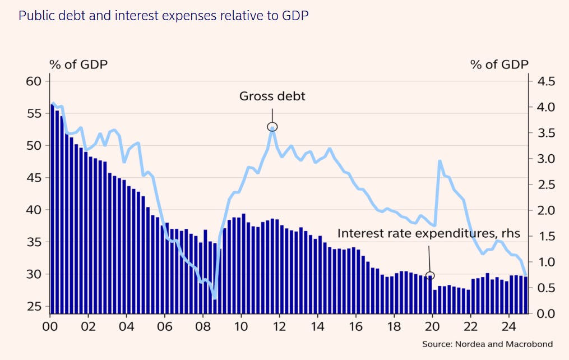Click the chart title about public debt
(163, 15)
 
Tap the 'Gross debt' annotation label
(272, 96)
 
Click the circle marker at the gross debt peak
(272, 127)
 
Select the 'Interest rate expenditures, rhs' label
(429, 233)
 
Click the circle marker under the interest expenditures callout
(430, 275)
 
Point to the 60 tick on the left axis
(34, 81)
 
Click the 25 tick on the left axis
(34, 307)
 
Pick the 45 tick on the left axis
(34, 178)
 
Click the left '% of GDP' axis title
(78, 64)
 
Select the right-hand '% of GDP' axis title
(499, 64)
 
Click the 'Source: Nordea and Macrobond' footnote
(487, 344)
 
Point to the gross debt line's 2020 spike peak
(440, 161)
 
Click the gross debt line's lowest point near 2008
(215, 298)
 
